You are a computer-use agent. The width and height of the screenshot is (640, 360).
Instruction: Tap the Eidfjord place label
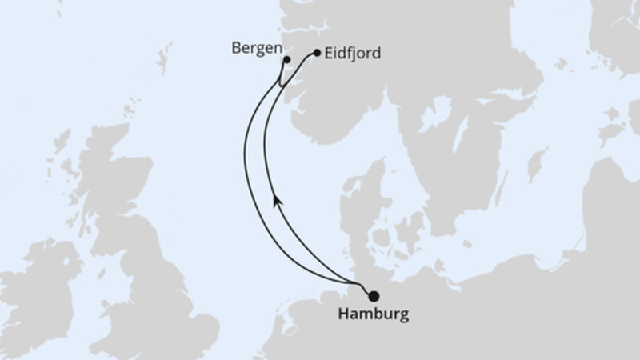(353, 54)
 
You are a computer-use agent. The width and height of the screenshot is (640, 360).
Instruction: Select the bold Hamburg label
(372, 314)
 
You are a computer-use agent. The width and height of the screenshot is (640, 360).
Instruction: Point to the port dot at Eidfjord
(318, 54)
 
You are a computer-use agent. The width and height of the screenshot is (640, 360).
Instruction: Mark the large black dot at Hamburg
(374, 296)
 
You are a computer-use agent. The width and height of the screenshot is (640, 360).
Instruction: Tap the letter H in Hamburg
(344, 314)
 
